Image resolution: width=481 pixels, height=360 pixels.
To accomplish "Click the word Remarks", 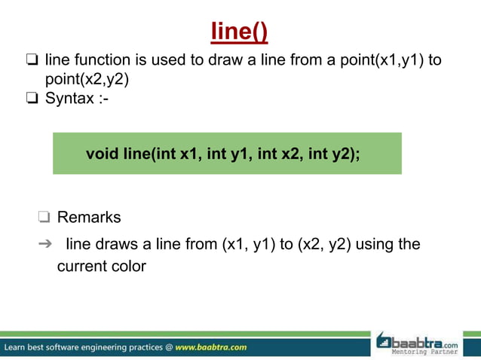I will [x=89, y=218].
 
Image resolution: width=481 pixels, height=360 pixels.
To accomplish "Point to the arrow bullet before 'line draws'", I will [x=44, y=245].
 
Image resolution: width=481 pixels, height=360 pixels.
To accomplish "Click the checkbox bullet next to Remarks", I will [x=44, y=218].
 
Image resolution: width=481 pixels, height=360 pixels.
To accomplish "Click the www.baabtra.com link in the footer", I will [x=210, y=347].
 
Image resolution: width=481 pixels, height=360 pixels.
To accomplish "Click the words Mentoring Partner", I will [x=424, y=352].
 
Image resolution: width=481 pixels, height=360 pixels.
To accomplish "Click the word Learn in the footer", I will [x=19, y=347].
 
